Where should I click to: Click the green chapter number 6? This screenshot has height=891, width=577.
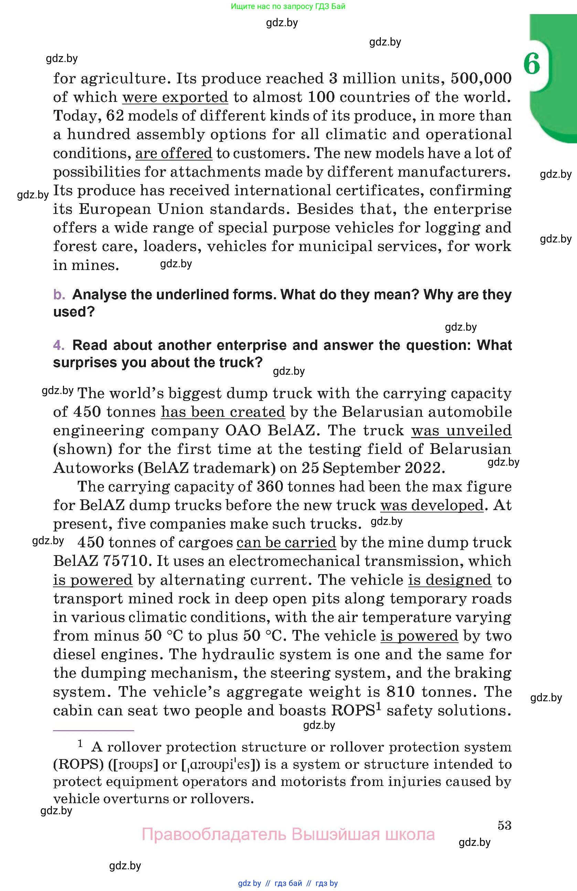532,64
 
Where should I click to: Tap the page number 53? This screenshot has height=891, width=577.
504,825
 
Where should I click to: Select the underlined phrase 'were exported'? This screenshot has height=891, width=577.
175,97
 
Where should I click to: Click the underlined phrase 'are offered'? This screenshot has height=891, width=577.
173,153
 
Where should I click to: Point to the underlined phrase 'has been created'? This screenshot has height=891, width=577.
223,412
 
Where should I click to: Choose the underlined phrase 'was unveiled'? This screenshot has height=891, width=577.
461,431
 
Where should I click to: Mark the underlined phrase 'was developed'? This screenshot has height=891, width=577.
432,505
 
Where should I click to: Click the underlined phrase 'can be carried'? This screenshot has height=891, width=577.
286,542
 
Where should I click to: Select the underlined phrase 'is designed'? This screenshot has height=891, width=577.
449,580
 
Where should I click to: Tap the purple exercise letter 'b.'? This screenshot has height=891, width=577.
59,294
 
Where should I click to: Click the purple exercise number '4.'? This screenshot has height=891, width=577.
59,345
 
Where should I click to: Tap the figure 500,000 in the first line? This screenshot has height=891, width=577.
481,78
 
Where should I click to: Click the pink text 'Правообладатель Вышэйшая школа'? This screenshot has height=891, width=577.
288,835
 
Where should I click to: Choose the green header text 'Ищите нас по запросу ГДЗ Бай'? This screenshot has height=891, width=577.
288,6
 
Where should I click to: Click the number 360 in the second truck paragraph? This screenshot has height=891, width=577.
270,487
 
